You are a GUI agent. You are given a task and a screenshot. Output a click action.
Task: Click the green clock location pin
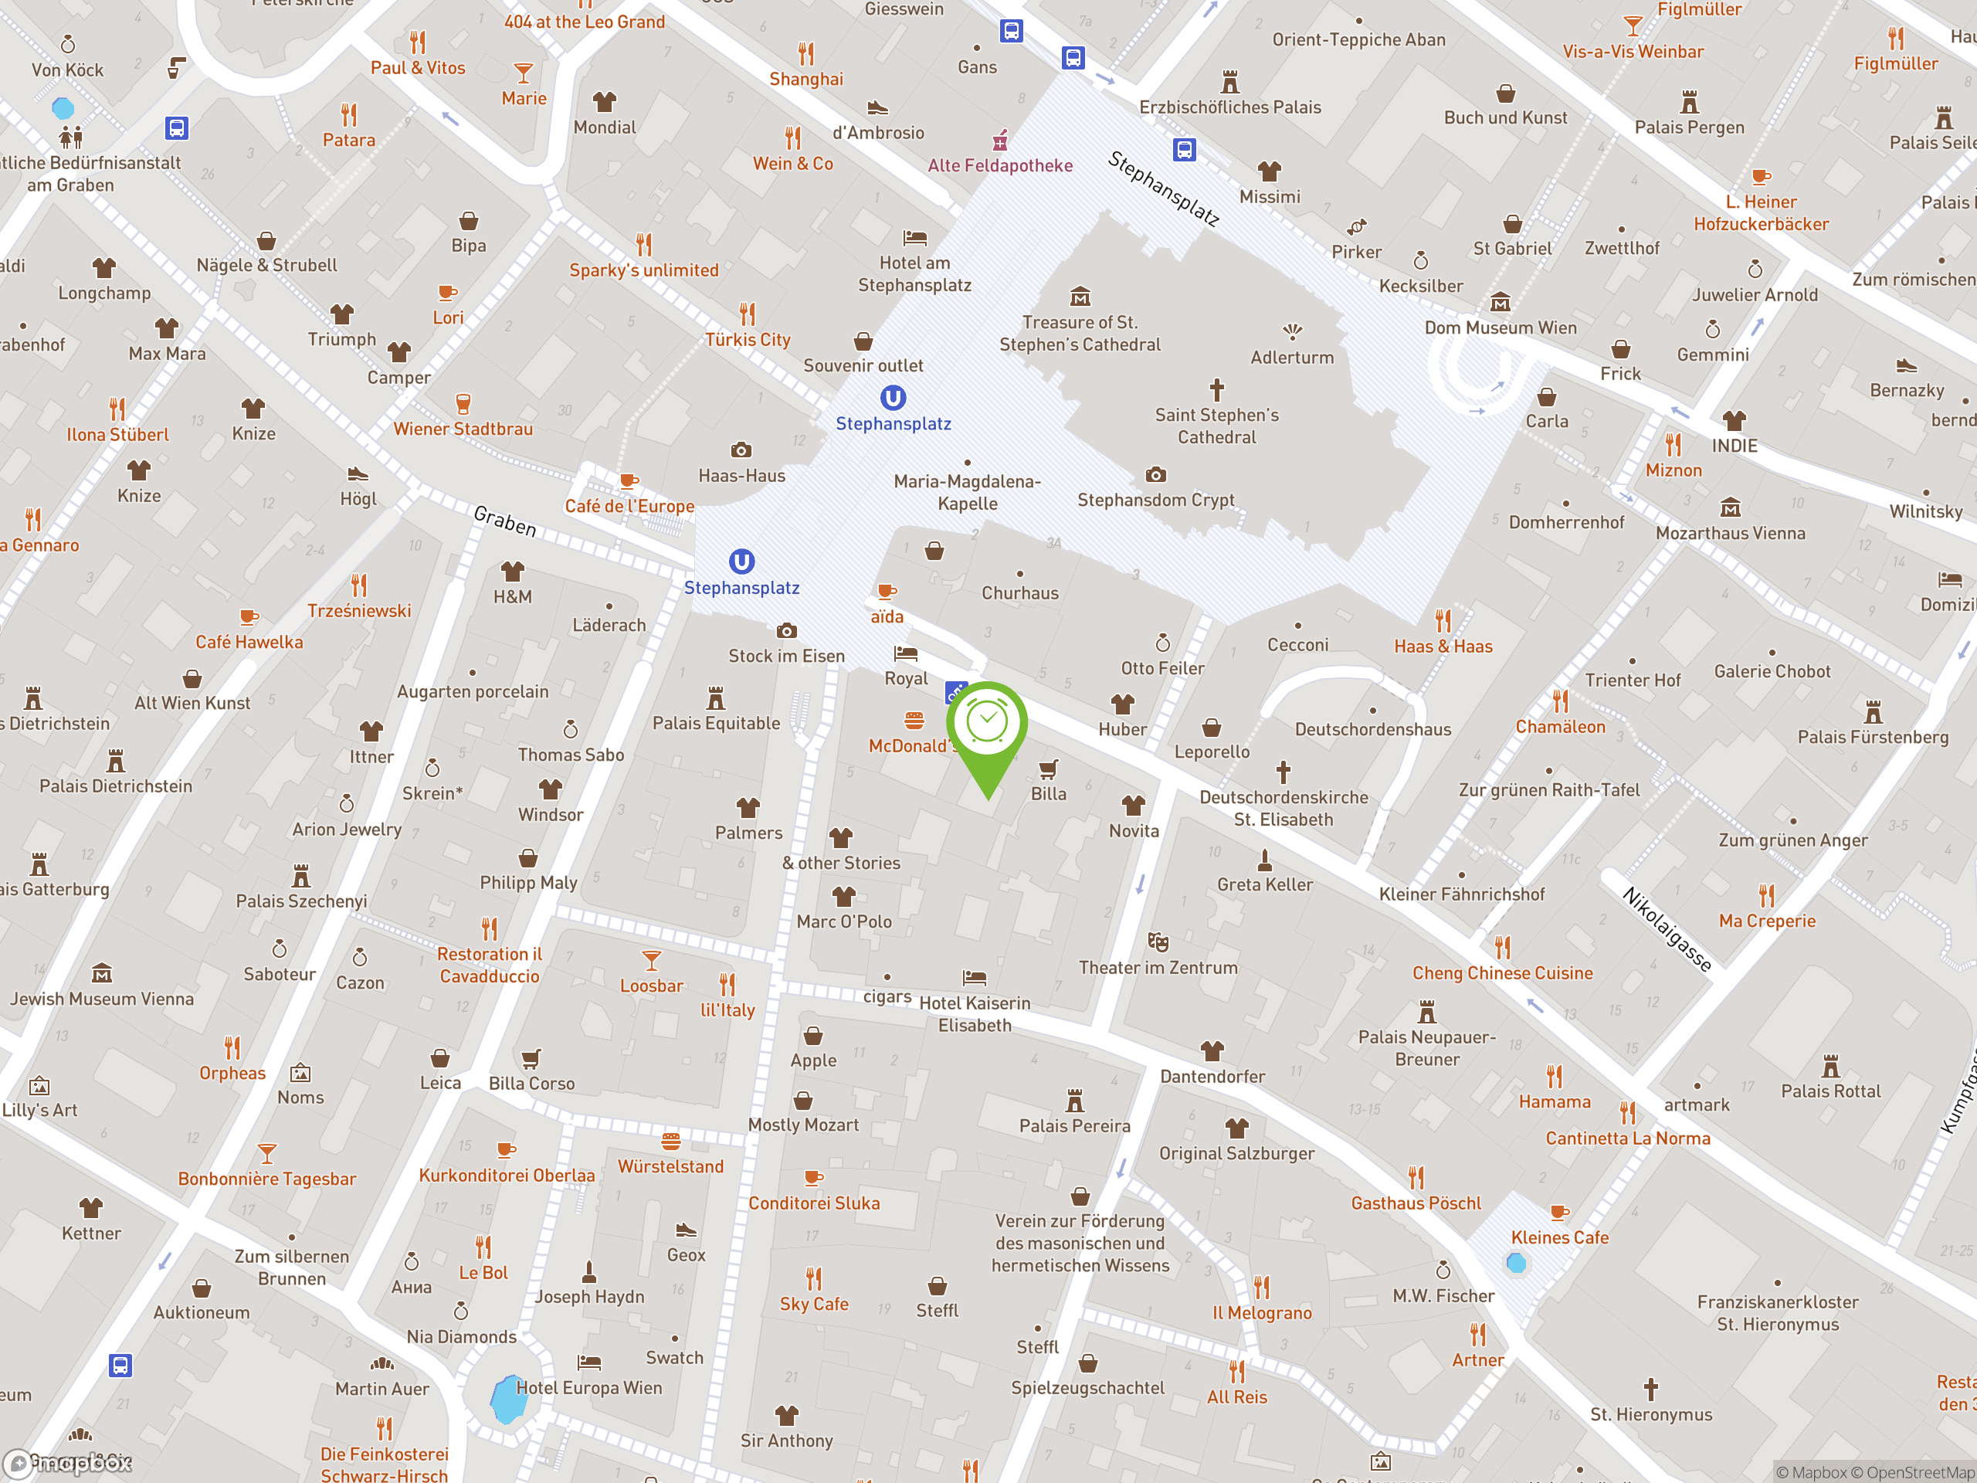987,724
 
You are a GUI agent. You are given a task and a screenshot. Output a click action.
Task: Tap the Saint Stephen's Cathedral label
1216,426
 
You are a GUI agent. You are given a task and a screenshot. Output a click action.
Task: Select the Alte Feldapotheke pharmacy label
1000,165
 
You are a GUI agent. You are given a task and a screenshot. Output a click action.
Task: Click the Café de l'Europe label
629,506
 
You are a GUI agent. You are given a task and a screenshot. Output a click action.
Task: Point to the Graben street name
505,521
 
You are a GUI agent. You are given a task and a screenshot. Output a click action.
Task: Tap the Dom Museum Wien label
1501,327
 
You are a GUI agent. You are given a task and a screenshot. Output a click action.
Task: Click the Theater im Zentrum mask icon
1158,942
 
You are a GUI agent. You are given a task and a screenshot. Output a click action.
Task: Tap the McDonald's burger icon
914,721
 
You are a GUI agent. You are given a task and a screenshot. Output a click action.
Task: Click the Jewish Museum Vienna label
102,999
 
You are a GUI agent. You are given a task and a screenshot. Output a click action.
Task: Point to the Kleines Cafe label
1560,1237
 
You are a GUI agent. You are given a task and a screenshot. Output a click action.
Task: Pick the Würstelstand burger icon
670,1142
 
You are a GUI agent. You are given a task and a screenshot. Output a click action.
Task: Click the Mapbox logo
68,1462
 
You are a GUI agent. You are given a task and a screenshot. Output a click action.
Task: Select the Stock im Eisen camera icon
786,631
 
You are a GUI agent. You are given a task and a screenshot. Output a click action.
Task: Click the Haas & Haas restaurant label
1443,646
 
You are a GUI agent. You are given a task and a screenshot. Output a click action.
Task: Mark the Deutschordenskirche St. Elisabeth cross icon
1284,772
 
